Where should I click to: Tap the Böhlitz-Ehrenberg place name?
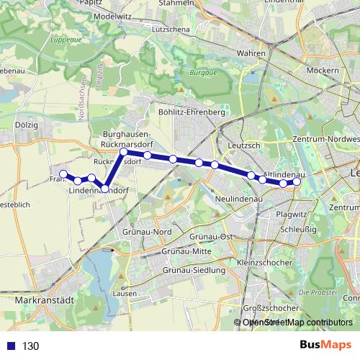tap(192, 113)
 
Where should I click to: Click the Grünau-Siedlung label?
tap(194, 269)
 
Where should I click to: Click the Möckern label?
tap(321, 71)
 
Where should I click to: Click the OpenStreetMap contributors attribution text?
tap(297, 323)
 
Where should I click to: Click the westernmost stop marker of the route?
tap(63, 174)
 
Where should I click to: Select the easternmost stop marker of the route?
tap(297, 182)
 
